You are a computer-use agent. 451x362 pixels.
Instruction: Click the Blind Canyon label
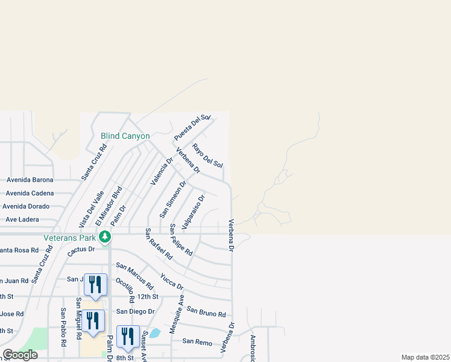point(125,136)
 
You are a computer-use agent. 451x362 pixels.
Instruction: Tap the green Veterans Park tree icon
point(106,237)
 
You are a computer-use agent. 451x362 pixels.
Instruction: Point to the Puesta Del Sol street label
point(192,127)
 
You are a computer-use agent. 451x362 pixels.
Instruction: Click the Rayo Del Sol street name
point(207,156)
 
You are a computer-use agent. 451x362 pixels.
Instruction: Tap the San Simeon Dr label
point(173,198)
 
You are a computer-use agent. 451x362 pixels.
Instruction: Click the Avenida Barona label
point(30,180)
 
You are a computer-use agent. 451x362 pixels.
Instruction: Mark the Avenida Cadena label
point(30,193)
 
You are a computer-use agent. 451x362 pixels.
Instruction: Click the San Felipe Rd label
point(181,240)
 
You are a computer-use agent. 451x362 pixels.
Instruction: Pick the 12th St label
point(147,297)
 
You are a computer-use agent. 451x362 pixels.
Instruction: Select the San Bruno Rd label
point(206,311)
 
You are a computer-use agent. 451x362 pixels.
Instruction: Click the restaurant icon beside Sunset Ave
point(128,336)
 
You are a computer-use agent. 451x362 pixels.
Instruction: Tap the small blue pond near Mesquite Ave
point(155,332)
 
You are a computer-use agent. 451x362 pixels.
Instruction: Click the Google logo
point(20,355)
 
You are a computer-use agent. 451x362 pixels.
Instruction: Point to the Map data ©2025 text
point(424,357)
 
